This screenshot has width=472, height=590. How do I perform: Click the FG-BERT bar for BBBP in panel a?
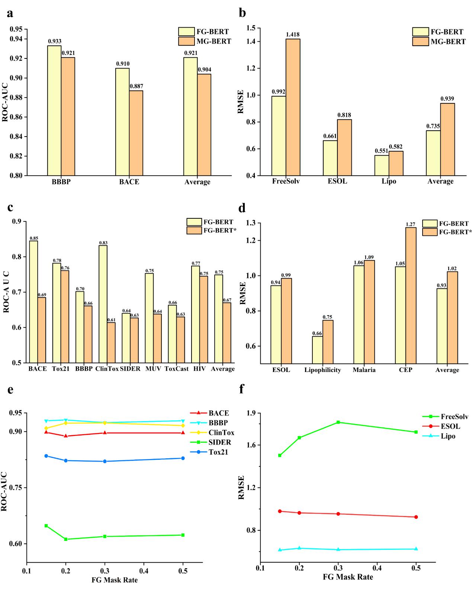tap(54, 110)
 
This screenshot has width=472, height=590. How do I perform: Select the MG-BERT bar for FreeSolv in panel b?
tap(293, 107)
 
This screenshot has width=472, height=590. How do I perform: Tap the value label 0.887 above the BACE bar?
tap(136, 86)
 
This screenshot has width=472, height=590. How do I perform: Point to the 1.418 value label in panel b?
tap(293, 35)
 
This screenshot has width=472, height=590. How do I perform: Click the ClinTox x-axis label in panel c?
tap(107, 369)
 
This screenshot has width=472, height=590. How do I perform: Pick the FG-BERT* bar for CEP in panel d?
tap(411, 295)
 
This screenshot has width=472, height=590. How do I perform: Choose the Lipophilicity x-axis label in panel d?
tap(322, 370)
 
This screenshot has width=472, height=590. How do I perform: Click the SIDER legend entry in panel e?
tap(219, 442)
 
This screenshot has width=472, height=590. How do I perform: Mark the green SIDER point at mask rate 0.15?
tap(46, 526)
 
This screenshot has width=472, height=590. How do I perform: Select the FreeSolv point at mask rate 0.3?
tap(338, 422)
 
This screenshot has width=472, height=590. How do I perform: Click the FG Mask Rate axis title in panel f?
tap(348, 577)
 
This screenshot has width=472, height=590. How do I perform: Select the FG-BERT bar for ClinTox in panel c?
tap(103, 304)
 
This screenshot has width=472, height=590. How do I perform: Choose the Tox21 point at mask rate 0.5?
tap(183, 458)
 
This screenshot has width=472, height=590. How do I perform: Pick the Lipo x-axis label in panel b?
tap(389, 182)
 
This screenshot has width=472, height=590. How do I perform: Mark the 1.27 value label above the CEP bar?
tap(410, 224)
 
